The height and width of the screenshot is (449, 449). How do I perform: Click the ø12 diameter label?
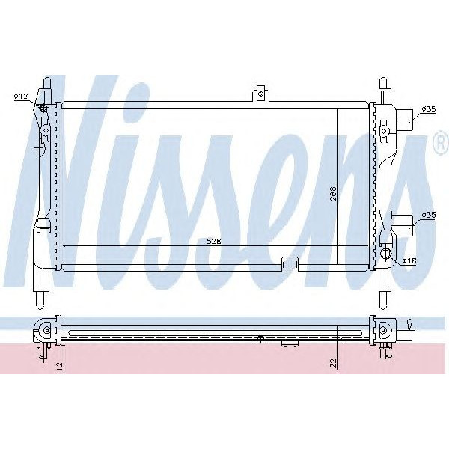[x=20, y=97]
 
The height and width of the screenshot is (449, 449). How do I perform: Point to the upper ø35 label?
[x=428, y=109]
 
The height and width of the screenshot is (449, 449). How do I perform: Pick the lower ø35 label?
[x=428, y=215]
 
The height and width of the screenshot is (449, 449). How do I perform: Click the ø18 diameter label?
[x=409, y=260]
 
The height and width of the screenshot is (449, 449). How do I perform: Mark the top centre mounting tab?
[x=260, y=93]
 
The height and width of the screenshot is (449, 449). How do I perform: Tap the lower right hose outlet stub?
[x=405, y=222]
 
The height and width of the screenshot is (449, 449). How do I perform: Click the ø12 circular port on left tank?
[x=44, y=109]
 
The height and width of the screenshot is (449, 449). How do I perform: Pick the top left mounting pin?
[x=46, y=85]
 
